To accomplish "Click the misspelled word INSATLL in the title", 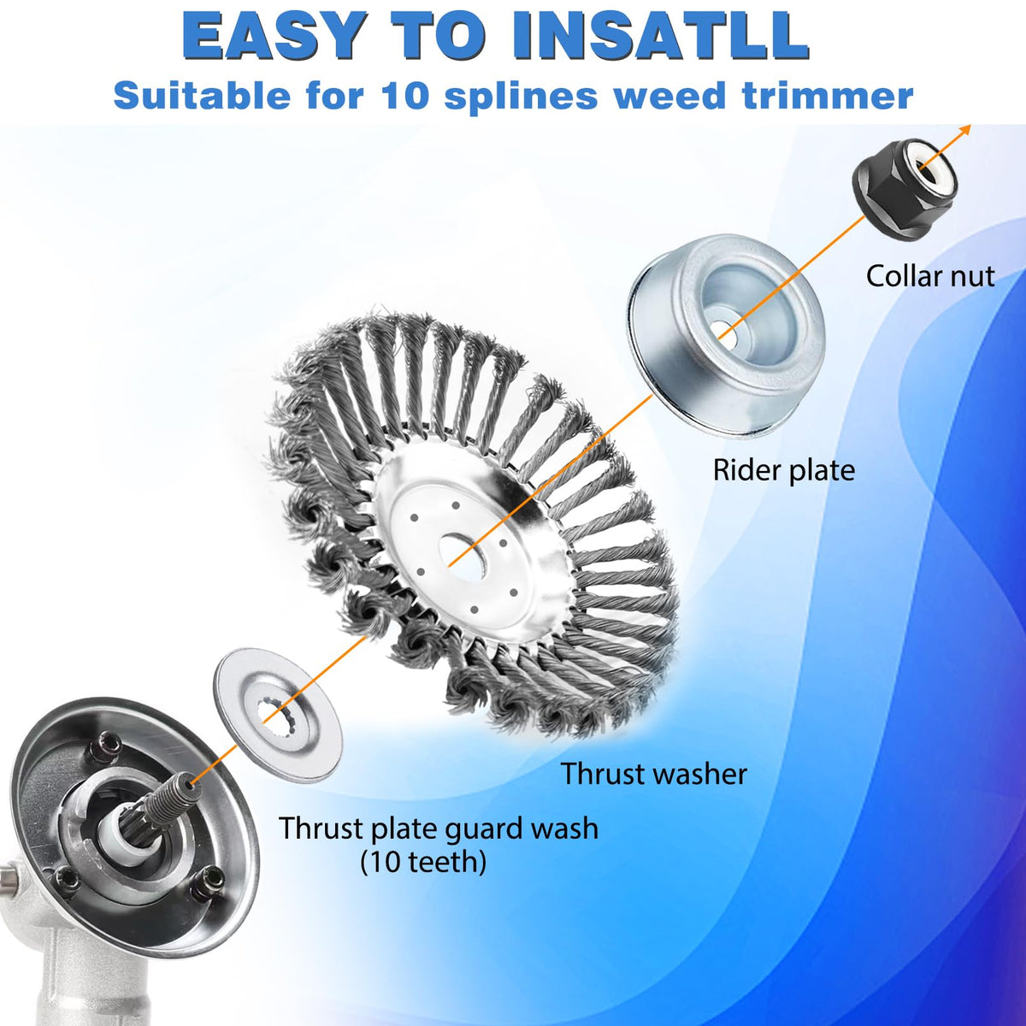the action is [x=660, y=35].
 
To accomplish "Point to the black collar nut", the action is [x=905, y=190].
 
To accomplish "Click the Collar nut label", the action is [x=930, y=276].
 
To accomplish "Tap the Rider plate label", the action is [x=784, y=470].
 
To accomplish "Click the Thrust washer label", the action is [x=654, y=773].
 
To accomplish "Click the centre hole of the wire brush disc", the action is [x=463, y=557].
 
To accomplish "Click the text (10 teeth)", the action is [x=423, y=862].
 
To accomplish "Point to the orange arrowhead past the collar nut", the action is [x=964, y=131].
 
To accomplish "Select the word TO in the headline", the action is [x=439, y=35].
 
